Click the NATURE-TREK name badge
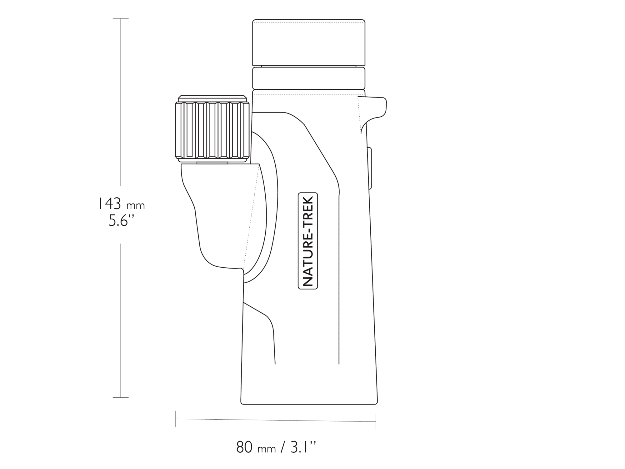(x=308, y=241)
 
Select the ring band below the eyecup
(x=309, y=78)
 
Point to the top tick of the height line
(x=121, y=19)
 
